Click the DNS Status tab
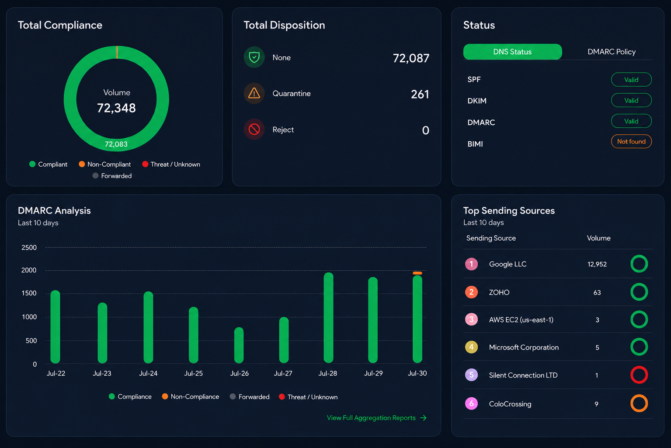tap(512, 52)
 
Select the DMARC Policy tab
tap(612, 52)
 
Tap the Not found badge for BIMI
tap(631, 142)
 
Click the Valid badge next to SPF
tap(631, 80)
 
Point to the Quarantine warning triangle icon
tap(254, 93)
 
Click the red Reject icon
tap(254, 129)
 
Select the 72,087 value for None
tap(411, 58)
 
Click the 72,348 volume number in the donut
tap(116, 108)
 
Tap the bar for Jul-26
tap(239, 345)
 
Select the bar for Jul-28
tap(328, 318)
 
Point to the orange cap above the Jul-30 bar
tap(417, 273)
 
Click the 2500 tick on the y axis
tap(29, 247)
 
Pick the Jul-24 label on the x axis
tap(148, 373)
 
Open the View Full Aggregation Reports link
tap(376, 418)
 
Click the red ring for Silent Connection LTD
tap(639, 375)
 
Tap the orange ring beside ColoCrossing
tap(639, 403)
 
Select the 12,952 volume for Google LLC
tap(597, 264)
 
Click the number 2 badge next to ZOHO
tap(471, 292)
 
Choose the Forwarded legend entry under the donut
tap(112, 176)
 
